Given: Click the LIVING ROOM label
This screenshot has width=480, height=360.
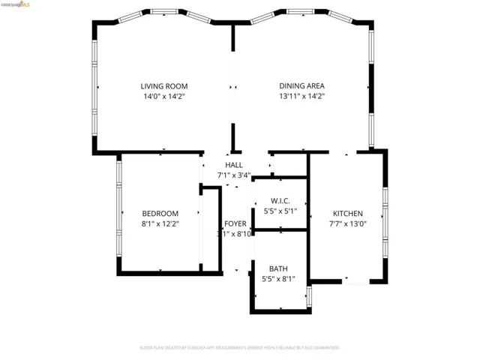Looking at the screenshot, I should tap(164, 85).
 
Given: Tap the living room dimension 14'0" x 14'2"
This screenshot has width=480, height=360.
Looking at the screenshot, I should tap(164, 96).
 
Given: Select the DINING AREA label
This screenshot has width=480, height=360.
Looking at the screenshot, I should tap(301, 85).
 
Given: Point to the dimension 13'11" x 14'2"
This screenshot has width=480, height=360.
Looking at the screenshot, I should tap(301, 96).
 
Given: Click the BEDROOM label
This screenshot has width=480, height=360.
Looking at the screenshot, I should tap(160, 213).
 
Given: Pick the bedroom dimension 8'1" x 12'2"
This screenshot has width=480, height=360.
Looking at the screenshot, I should tap(160, 223).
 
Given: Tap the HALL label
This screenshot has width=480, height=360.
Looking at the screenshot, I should tap(233, 165).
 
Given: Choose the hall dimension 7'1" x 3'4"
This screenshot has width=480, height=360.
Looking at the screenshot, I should tap(233, 175).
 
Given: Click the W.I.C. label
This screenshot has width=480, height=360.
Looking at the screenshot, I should tap(279, 201).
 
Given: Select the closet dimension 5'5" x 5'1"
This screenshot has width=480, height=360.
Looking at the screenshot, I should tap(279, 211).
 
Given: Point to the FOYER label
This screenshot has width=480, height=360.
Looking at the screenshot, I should tap(235, 223).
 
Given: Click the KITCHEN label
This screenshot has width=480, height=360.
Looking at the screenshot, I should tap(347, 213).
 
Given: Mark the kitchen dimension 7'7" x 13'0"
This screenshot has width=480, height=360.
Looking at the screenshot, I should tap(347, 223).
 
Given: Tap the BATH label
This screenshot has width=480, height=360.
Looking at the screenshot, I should tap(278, 268).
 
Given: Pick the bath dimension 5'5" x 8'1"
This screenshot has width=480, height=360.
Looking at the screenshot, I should tap(278, 279).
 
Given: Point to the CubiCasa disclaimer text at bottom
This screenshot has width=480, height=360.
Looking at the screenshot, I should tap(239, 348).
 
